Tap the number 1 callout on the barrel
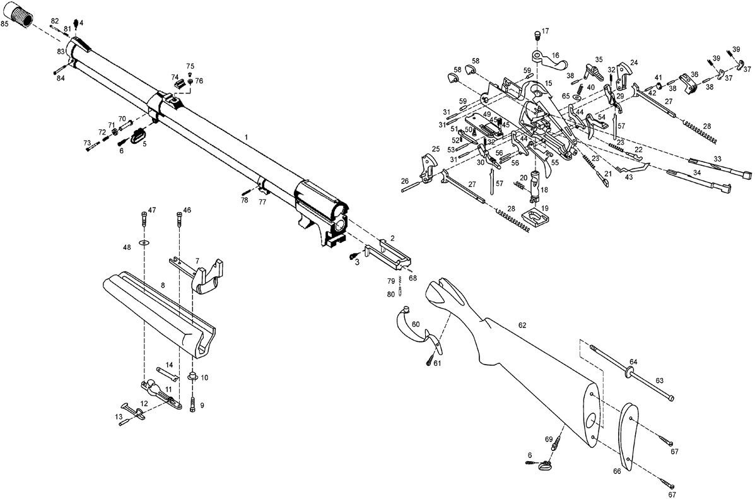[247, 137]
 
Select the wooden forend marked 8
[158, 309]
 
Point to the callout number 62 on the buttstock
[522, 325]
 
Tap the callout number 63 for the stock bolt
[659, 381]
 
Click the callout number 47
[151, 209]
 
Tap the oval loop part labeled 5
[139, 136]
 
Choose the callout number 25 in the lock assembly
[435, 149]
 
